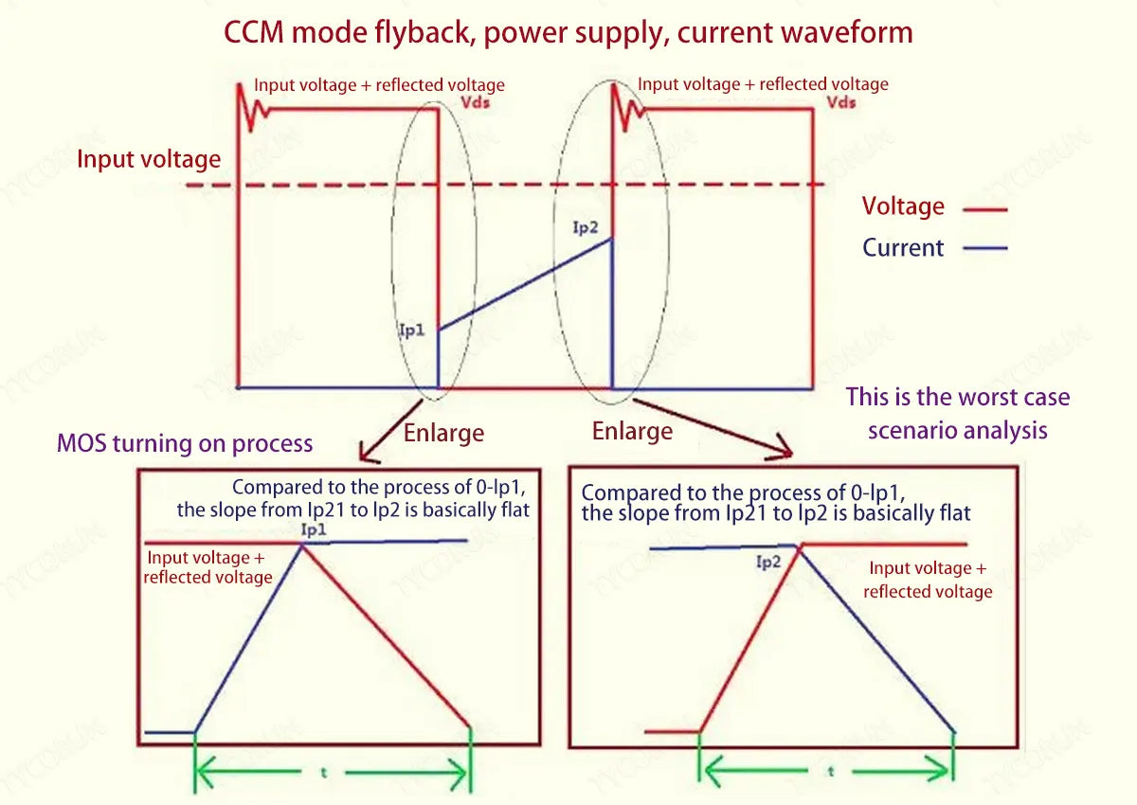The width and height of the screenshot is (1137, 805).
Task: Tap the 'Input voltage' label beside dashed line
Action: tap(149, 159)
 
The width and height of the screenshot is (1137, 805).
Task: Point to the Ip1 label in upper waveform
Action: tap(412, 331)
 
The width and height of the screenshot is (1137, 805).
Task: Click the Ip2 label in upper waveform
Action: tap(587, 226)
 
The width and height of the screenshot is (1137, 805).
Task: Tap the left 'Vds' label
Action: tap(475, 103)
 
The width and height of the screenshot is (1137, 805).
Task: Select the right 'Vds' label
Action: tap(841, 102)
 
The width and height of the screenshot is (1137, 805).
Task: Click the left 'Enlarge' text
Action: tap(443, 434)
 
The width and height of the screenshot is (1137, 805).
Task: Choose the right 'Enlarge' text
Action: tap(632, 432)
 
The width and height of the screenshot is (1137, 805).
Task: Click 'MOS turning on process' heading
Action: tap(185, 442)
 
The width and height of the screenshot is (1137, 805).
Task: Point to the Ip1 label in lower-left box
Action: tap(314, 530)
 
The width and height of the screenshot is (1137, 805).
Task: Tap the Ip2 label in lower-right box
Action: tap(768, 563)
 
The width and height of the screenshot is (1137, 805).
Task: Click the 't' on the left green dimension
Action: tap(324, 772)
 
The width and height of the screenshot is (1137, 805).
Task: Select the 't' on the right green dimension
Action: tap(831, 772)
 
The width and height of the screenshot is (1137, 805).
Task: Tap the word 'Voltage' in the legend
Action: tap(903, 206)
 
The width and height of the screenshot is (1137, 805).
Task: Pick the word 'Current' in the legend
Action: tap(903, 248)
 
